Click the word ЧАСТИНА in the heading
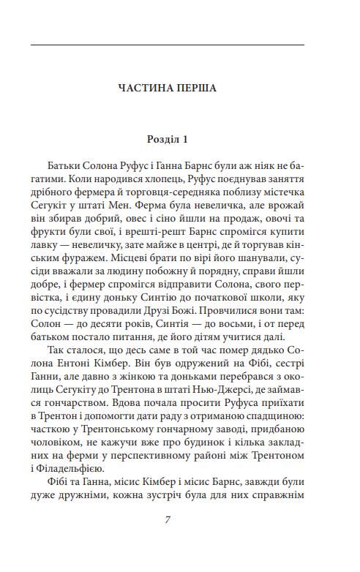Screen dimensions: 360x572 146,89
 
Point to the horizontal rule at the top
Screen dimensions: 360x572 168,45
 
